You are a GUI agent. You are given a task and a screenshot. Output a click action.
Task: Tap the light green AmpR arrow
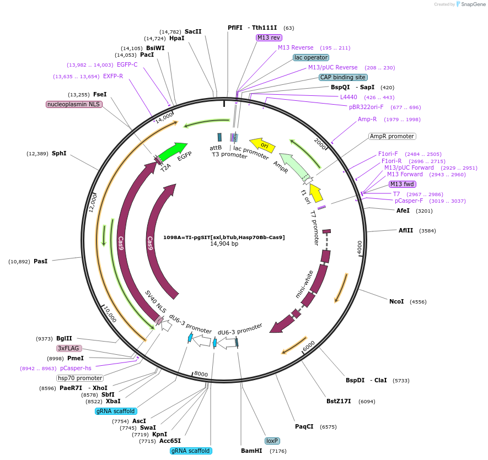click(292, 165)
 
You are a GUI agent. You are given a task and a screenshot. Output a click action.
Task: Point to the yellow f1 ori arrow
click(315, 193)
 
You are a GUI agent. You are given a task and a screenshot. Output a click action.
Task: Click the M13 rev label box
click(269, 37)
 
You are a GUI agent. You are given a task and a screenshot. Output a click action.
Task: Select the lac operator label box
click(311, 57)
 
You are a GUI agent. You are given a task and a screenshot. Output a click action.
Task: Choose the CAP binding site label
click(343, 77)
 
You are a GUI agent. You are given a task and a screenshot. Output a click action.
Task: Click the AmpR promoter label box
click(392, 136)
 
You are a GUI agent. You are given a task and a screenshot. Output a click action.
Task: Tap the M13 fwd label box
click(403, 184)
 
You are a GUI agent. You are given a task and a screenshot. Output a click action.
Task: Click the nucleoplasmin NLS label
click(74, 104)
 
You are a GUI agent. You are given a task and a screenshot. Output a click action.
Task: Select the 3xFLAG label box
click(69, 348)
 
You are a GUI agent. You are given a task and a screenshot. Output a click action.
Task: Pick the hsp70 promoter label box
click(80, 378)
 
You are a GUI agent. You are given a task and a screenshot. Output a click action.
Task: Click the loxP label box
click(272, 441)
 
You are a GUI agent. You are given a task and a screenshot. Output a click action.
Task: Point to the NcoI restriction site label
click(396, 301)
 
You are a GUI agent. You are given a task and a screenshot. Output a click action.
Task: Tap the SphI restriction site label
click(59, 153)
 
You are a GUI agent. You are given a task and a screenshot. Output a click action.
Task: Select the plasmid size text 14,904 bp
click(224, 243)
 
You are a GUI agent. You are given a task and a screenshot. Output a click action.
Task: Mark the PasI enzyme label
click(40, 261)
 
